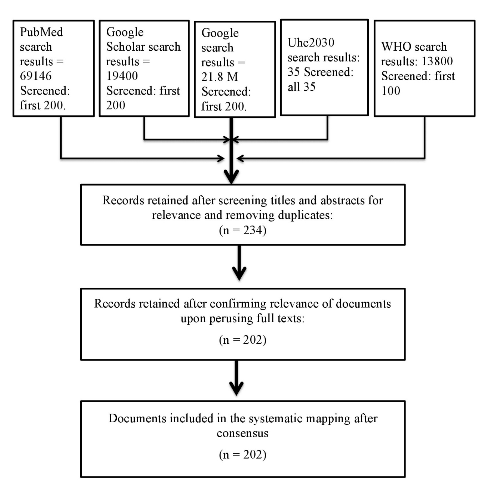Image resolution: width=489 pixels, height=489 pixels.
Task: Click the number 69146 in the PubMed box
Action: pos(36,76)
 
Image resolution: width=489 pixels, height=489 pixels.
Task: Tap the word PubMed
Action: pos(41,32)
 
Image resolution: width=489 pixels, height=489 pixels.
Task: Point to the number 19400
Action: pos(122,76)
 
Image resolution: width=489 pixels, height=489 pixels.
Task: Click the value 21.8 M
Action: pos(220,77)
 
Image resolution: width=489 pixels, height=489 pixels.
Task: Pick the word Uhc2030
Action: pos(311,42)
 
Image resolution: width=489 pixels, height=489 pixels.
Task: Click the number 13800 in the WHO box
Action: pos(437,61)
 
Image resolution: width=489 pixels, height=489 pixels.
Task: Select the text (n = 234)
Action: pos(243,230)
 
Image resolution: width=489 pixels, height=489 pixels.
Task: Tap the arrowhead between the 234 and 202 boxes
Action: pos(239,273)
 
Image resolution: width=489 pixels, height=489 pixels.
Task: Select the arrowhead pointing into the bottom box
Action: pos(237,388)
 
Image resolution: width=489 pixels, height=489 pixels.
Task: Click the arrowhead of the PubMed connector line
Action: pos(221,158)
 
